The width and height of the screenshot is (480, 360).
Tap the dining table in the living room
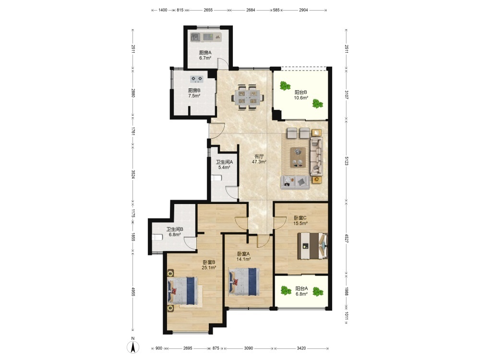coord(248,97)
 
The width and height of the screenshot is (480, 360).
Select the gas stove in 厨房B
coord(196,79)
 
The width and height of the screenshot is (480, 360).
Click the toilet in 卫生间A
coord(216,178)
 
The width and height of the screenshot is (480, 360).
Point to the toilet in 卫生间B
coord(157,237)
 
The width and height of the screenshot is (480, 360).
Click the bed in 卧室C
coord(312,246)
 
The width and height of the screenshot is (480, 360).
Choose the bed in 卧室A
coord(244,282)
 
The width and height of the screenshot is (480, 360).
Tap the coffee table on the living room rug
coord(298,157)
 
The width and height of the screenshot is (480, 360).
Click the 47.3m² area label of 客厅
coord(259,162)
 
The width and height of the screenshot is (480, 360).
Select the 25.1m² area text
coord(209,267)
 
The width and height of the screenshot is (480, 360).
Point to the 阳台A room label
coord(301,288)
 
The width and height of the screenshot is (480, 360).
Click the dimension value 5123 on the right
coord(347,161)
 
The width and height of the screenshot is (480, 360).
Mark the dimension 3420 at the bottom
coord(301,348)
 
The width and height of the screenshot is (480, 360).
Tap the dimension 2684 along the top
coord(251,10)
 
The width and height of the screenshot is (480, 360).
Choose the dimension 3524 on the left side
coord(133,175)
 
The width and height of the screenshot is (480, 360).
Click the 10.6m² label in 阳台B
coord(301,98)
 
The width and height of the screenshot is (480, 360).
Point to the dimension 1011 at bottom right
coord(347,318)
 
